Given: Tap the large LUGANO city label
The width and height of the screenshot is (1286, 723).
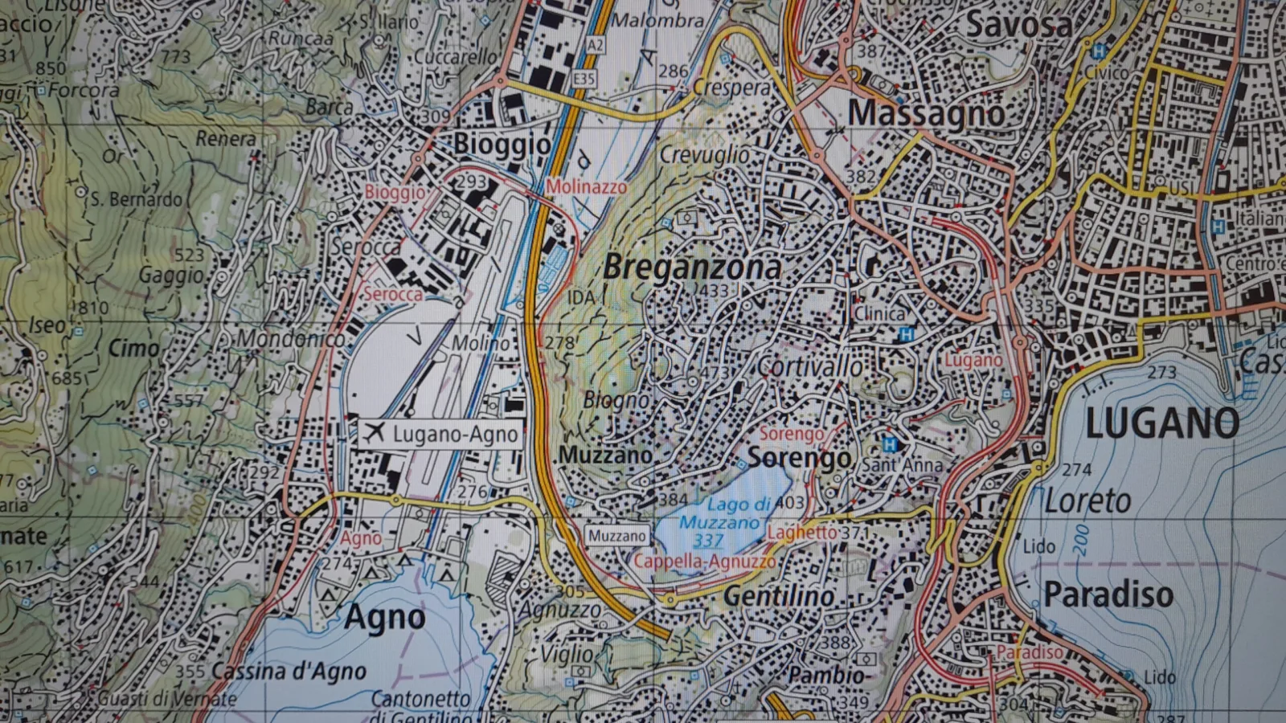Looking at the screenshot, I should pos(1161,424).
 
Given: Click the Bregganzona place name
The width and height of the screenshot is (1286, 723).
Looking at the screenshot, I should pos(692,268).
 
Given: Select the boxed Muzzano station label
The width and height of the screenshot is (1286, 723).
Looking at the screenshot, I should pos(616,536).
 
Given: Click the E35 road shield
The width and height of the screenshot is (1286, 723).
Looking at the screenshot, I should pos(584,79).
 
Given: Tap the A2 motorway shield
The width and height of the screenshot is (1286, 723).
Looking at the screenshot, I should pos(594,45).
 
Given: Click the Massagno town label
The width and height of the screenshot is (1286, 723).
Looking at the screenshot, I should pos(926,113).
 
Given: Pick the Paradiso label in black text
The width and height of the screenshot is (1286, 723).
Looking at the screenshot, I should pos(1108,594).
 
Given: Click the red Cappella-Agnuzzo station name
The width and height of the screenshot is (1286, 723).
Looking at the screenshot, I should pos(705,561).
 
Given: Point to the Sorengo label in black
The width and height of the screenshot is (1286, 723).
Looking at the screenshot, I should pos(799,458).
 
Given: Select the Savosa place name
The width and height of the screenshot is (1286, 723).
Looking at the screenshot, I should pos(1018,26).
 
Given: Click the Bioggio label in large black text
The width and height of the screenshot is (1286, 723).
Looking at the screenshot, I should pos(502,145).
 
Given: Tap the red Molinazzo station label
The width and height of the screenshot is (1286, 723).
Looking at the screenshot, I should pos(586,187).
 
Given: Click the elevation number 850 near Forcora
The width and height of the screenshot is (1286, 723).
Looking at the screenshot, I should pos(51,68).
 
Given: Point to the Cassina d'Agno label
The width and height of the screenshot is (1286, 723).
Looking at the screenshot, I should pos(289,672).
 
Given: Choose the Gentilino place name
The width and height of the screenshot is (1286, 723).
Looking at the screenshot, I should pos(778,596).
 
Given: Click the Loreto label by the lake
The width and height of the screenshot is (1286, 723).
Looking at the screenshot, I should pos(1087,501).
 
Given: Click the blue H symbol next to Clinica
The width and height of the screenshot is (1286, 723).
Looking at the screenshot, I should pos(906,334).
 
